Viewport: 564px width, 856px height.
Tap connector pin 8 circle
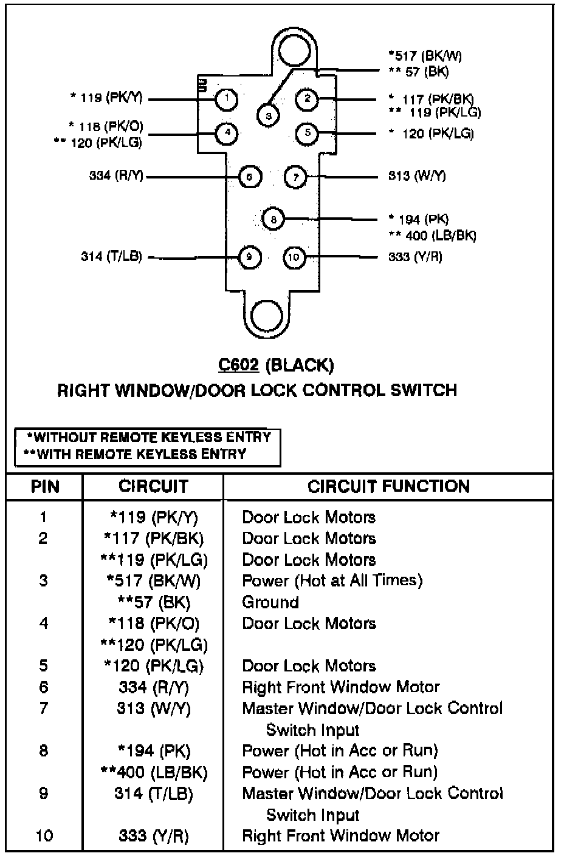(x=273, y=219)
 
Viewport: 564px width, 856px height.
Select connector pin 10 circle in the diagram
(x=294, y=257)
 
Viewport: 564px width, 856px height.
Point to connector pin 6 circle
(x=250, y=177)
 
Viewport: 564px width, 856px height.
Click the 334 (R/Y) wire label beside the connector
(x=116, y=176)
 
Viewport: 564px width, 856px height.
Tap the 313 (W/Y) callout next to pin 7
(x=417, y=176)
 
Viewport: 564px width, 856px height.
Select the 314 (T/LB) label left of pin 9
(x=111, y=256)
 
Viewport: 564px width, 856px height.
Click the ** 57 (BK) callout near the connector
(x=419, y=72)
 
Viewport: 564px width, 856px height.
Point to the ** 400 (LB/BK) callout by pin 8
(x=432, y=236)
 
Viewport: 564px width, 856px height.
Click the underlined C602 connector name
(x=238, y=365)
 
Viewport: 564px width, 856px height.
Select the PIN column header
(x=44, y=486)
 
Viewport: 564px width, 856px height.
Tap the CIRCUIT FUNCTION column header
(x=388, y=486)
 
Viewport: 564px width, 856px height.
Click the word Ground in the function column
(x=270, y=602)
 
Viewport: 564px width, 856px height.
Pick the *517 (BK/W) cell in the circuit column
(x=153, y=581)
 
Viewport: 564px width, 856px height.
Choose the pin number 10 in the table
(x=44, y=836)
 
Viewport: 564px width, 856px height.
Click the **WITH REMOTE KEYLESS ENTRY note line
(x=135, y=454)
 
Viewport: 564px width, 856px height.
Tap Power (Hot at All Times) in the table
(x=332, y=581)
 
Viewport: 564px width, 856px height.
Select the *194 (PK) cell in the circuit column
(x=153, y=751)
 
